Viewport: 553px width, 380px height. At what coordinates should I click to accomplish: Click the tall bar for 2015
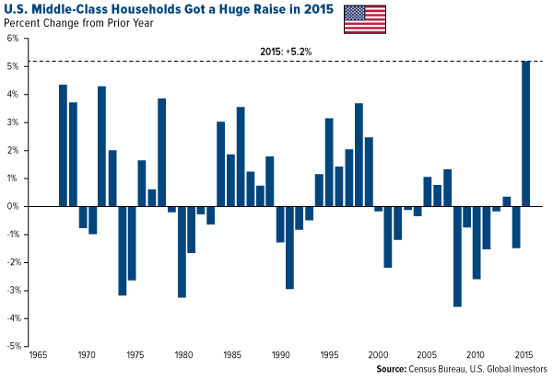[526, 133]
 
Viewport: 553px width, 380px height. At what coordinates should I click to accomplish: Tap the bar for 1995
[329, 162]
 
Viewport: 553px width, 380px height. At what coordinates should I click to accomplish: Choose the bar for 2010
[476, 242]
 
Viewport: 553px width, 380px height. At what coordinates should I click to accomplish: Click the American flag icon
[365, 17]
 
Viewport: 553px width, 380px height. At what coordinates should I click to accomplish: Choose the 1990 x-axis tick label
[279, 355]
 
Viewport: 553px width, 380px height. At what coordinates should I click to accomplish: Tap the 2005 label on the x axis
[428, 355]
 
